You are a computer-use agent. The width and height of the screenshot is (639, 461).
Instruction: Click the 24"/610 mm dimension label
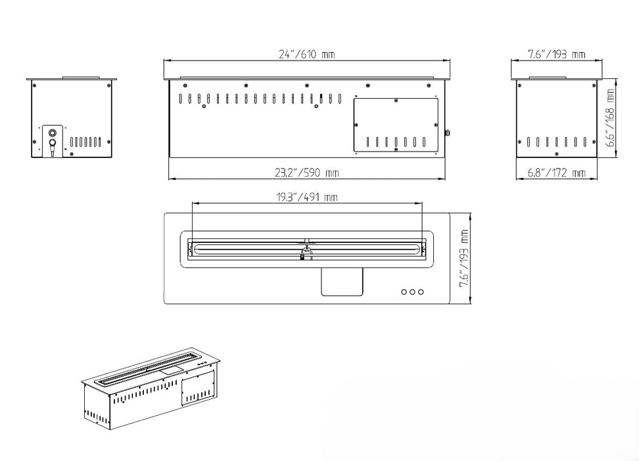307,54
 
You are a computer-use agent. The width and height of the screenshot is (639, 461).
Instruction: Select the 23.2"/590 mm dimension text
307,173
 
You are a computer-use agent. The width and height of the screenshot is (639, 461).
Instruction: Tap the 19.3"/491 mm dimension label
307,197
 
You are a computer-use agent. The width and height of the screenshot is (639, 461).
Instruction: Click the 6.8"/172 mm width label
556,173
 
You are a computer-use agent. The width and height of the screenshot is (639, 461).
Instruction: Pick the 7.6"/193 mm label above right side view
557,54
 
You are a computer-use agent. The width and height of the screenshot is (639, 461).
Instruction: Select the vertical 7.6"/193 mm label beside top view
464,258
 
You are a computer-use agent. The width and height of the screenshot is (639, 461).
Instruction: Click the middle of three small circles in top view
412,292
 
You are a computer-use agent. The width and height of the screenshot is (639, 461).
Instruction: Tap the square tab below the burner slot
341,282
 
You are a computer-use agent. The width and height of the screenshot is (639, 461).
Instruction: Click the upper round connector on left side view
53,133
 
